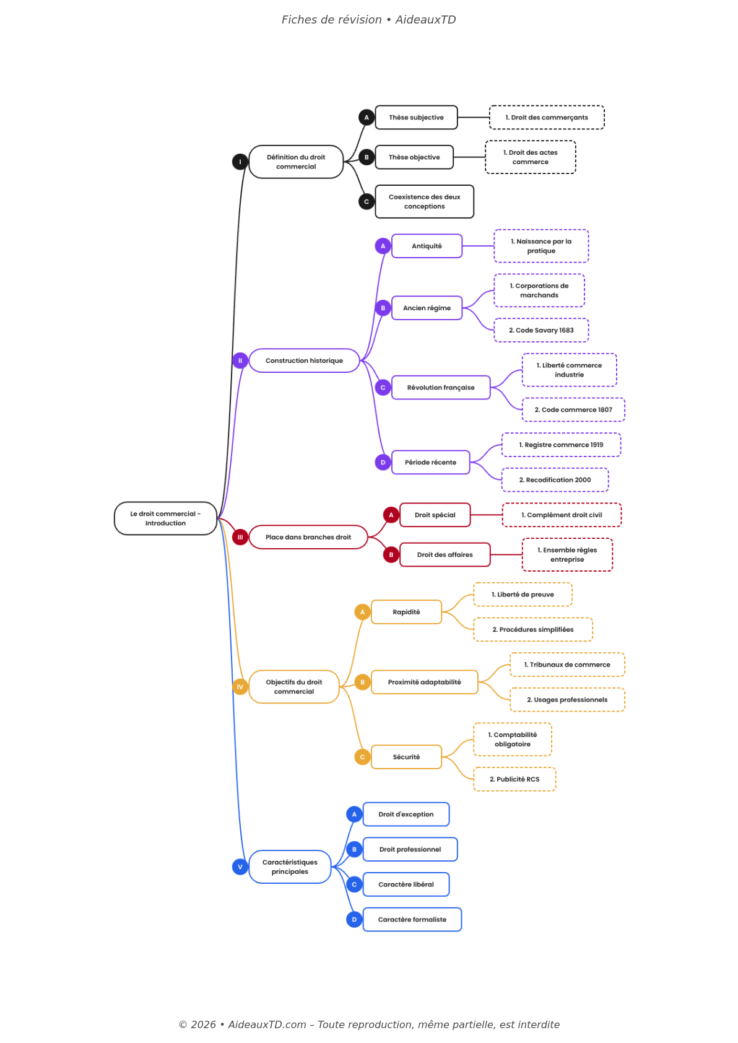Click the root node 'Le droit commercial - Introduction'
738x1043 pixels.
click(x=165, y=518)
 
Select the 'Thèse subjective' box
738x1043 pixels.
click(x=416, y=118)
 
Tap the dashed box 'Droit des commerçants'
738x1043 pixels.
click(x=547, y=118)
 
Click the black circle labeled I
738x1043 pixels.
click(x=240, y=162)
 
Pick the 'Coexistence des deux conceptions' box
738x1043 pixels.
click(x=424, y=202)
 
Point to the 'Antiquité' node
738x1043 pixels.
click(x=427, y=247)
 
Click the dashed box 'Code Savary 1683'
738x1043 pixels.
click(x=541, y=331)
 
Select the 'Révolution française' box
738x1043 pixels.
click(x=441, y=388)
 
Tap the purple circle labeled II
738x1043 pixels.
click(x=240, y=361)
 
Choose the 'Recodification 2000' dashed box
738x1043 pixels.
click(x=555, y=481)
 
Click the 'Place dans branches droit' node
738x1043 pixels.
click(x=308, y=538)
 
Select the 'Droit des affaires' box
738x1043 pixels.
click(x=445, y=555)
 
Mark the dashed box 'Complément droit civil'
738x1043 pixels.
click(x=562, y=515)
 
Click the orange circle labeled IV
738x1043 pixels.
click(x=240, y=687)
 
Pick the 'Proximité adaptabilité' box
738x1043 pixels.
click(x=424, y=683)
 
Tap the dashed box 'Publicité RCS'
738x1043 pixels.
click(x=514, y=780)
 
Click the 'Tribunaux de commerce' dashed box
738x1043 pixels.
click(x=567, y=665)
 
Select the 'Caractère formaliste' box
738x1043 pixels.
click(x=412, y=920)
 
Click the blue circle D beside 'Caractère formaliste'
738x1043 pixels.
click(x=354, y=920)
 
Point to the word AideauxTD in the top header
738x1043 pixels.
click(x=425, y=20)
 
